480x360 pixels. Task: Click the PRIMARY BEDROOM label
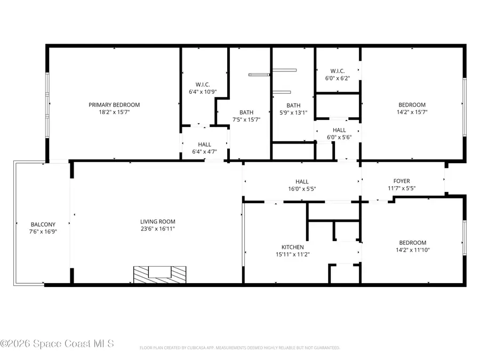point(114,105)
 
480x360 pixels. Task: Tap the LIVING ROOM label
point(158,222)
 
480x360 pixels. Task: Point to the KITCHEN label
point(293,247)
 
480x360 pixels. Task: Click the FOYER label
point(402,181)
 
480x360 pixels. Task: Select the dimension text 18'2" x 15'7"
point(114,113)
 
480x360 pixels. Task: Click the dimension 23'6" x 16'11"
point(158,229)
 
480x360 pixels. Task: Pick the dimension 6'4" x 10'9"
point(203,92)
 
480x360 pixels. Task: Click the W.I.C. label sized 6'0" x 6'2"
point(338,71)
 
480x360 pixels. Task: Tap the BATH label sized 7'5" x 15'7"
point(246,113)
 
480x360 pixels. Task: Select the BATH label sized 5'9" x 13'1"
point(293,106)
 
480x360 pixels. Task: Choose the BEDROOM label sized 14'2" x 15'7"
point(412,105)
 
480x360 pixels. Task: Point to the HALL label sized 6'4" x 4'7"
point(204,145)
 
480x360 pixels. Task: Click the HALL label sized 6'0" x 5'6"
point(339,130)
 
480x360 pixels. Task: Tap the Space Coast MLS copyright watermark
point(57,344)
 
